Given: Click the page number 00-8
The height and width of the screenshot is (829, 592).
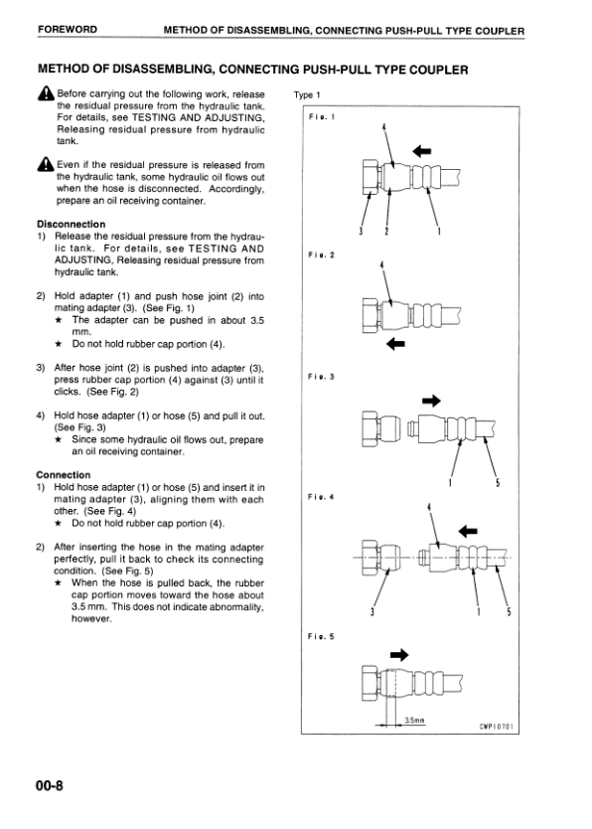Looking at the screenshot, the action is [x=50, y=785].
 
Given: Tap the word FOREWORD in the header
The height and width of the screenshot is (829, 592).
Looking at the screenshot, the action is [x=68, y=30].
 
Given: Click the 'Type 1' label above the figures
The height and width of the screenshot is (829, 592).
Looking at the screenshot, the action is [x=307, y=95].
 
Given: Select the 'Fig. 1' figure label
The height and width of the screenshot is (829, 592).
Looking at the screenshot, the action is [x=322, y=116].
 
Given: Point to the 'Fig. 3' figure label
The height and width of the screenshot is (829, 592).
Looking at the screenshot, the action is [x=321, y=377].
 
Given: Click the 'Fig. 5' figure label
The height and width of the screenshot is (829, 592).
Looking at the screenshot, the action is [x=321, y=636].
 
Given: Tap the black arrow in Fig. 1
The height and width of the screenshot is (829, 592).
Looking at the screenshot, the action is [x=422, y=152].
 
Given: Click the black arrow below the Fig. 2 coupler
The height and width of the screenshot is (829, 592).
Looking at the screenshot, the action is [x=395, y=344].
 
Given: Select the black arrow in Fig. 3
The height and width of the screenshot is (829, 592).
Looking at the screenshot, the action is [x=431, y=401].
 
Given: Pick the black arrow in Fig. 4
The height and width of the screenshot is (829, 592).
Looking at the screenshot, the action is [x=468, y=531].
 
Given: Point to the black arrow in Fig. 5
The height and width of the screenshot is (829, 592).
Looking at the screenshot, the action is [x=399, y=655].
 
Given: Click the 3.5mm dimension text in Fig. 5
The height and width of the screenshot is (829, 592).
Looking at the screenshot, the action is [x=414, y=720].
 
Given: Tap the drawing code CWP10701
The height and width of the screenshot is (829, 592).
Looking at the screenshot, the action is [x=496, y=727].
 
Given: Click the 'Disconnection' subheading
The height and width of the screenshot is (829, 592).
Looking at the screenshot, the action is [x=72, y=225].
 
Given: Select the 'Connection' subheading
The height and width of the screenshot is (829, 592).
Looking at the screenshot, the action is [x=64, y=475].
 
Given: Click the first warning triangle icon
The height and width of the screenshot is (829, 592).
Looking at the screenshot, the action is [x=46, y=93].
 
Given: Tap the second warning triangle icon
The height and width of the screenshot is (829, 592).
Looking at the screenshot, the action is [x=46, y=164].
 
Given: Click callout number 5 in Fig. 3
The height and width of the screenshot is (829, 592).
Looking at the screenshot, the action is [x=498, y=483].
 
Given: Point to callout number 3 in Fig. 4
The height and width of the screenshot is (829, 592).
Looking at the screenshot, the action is [x=372, y=612].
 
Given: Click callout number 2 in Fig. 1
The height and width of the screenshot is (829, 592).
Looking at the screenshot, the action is [x=386, y=231].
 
